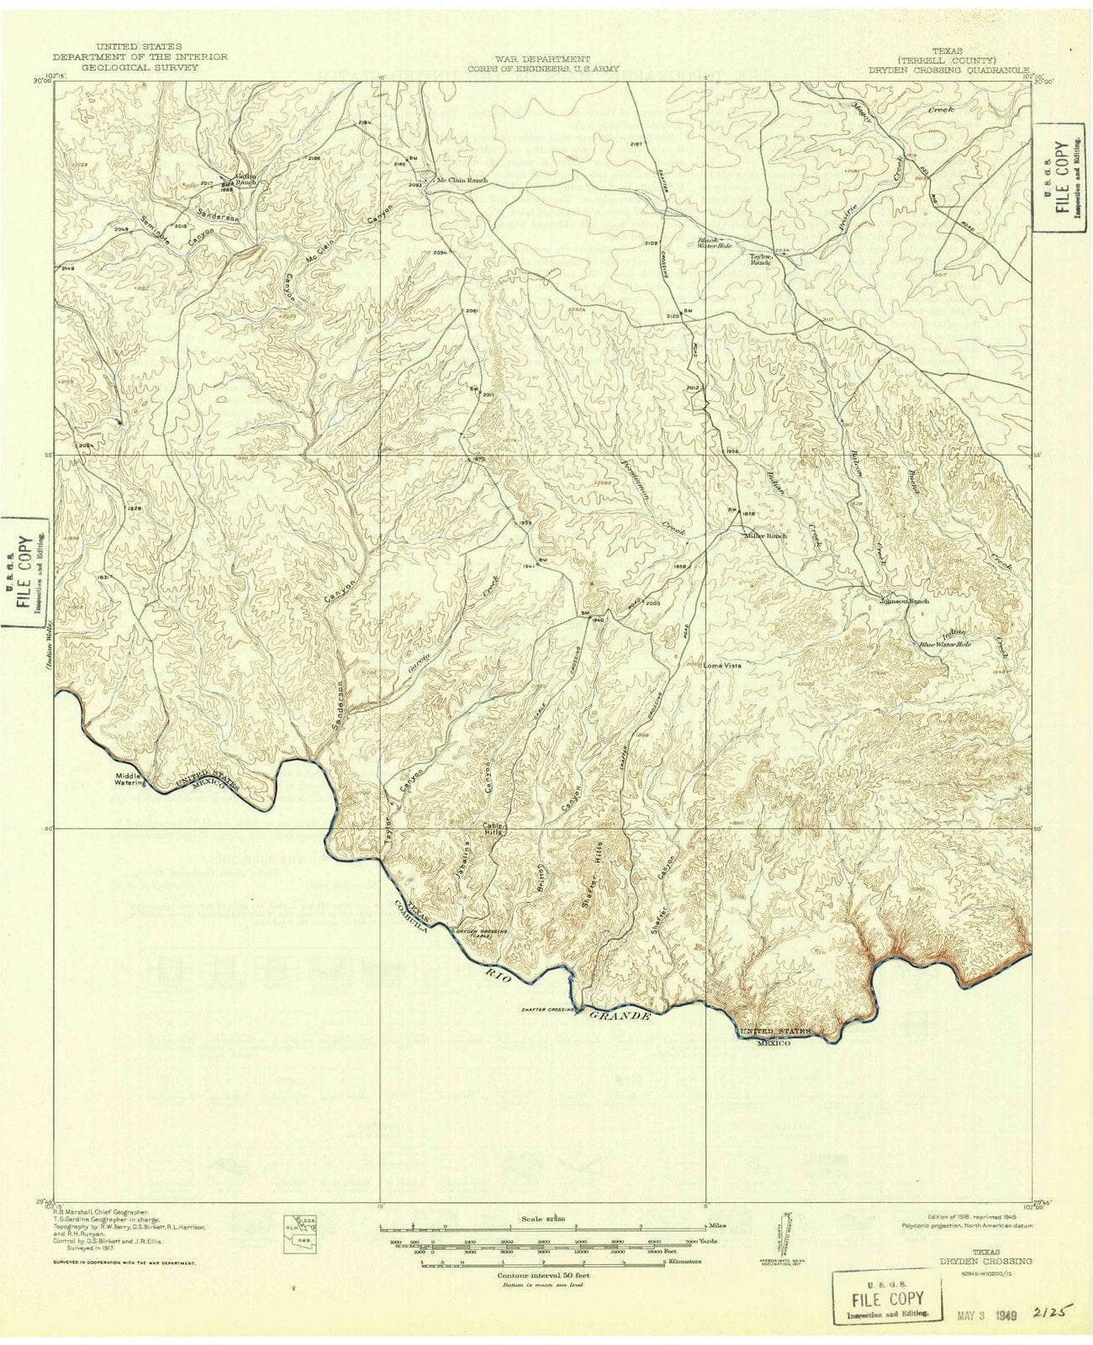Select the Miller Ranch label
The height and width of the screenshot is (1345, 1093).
[x=764, y=535]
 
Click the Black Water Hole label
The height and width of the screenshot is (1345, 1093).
[x=715, y=244]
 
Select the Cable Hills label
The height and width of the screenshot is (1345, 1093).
[x=493, y=828]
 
